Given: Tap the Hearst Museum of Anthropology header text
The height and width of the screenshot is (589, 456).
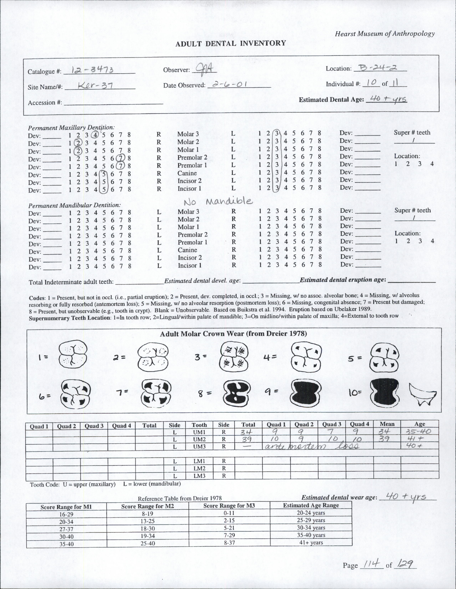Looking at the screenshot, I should (x=384, y=34).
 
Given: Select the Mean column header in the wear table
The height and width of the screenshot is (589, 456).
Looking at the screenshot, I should (x=387, y=424).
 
